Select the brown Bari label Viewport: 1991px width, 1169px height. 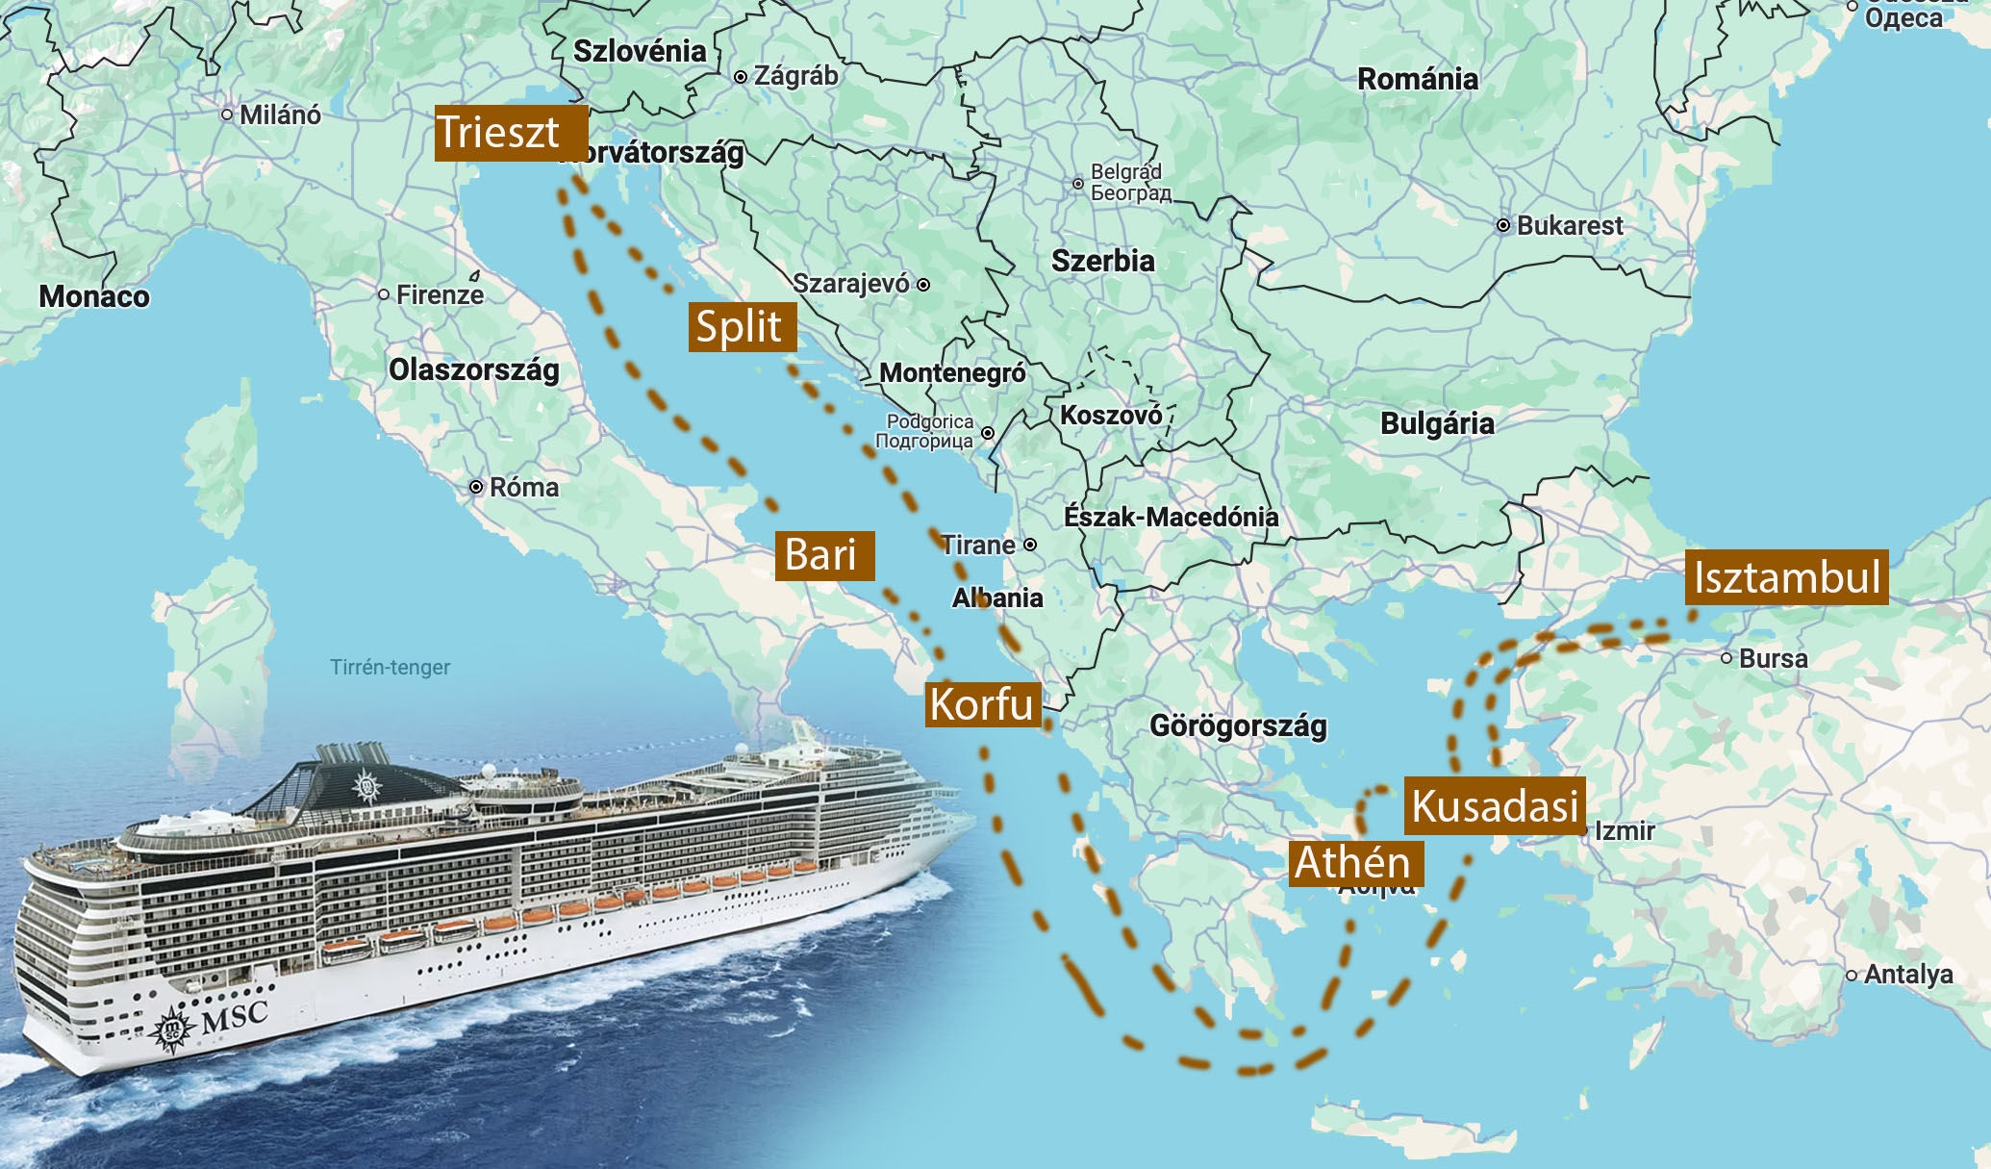(823, 555)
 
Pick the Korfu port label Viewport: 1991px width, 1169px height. (982, 704)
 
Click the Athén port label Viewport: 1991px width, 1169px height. (1354, 862)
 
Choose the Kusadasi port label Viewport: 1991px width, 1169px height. (1495, 805)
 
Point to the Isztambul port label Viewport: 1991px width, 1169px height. (1786, 577)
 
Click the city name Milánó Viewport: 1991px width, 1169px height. (280, 114)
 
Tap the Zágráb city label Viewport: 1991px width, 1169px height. (795, 75)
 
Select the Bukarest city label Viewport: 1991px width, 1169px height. (1569, 225)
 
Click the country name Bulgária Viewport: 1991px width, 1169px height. (1437, 423)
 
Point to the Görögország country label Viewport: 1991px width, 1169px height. (1238, 725)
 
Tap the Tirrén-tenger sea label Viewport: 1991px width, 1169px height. (390, 667)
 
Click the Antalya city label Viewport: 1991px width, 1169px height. (1907, 974)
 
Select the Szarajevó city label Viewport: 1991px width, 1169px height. (850, 283)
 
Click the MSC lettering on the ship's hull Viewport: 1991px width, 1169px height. (235, 1016)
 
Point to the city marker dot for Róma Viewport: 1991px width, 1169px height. (476, 487)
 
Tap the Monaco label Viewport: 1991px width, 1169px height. (94, 296)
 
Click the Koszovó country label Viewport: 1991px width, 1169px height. (1111, 416)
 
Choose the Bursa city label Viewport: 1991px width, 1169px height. (1773, 658)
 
